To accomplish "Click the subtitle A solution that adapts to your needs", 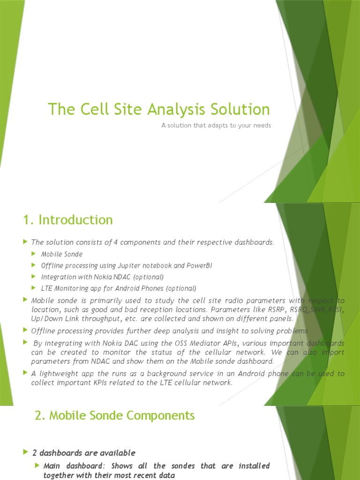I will pos(216,126).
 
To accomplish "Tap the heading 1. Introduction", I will pos(68,220).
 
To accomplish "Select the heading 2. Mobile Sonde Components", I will pos(114,415).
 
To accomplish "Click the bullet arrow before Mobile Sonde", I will pos(34,254).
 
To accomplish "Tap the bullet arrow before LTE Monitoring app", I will pos(34,288).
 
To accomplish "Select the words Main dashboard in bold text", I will pos(71,466).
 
